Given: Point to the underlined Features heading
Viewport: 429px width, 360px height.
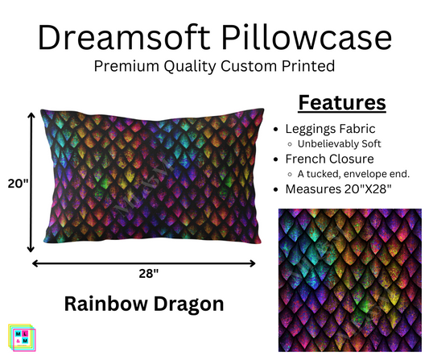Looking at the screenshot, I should click(x=340, y=104).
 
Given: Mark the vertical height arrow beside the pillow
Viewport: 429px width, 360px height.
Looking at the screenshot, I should click(x=31, y=182).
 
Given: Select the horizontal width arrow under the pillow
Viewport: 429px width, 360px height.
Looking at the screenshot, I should click(x=145, y=263).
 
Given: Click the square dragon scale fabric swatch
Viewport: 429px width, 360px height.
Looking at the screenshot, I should click(x=348, y=279).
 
